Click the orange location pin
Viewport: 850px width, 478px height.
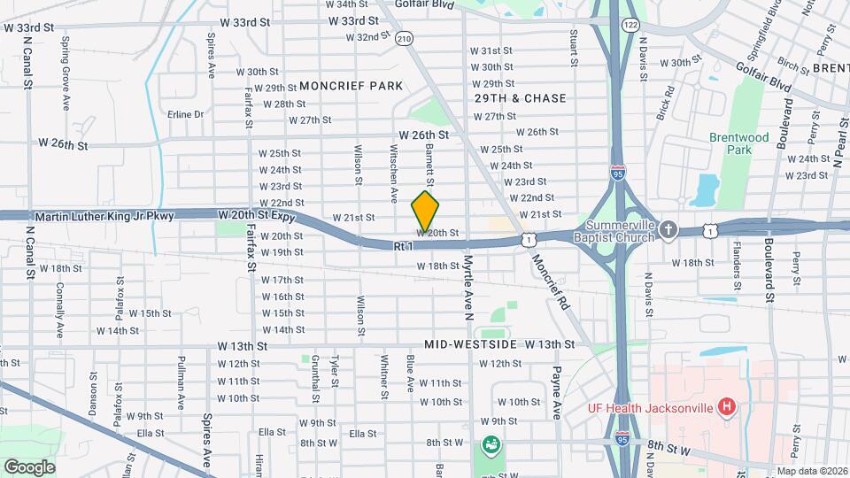pyautogui.click(x=426, y=211)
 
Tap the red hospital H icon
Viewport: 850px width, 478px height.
pyautogui.click(x=727, y=407)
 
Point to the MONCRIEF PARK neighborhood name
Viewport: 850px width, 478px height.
pyautogui.click(x=352, y=86)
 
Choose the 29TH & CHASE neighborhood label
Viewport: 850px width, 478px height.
pyautogui.click(x=520, y=98)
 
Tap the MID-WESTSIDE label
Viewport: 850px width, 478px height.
pyautogui.click(x=469, y=343)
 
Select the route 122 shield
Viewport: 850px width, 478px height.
pyautogui.click(x=630, y=25)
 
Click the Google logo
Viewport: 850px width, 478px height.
pyautogui.click(x=29, y=466)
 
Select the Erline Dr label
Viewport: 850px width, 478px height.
pyautogui.click(x=186, y=114)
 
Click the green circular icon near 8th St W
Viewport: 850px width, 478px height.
pyautogui.click(x=490, y=444)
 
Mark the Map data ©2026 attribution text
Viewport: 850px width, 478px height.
pyautogui.click(x=811, y=471)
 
